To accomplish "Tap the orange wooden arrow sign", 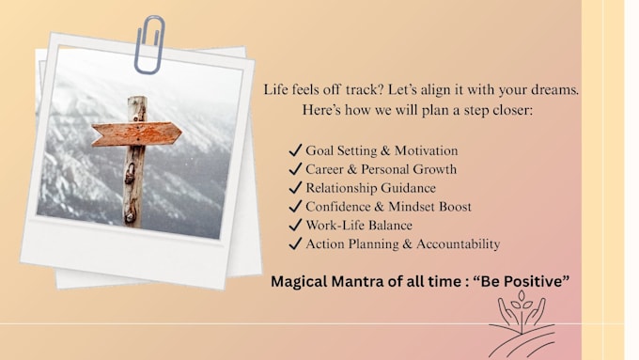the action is [x=136, y=134].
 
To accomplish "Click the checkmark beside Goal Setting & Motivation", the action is [x=295, y=150].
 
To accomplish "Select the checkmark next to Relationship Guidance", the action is [x=295, y=188].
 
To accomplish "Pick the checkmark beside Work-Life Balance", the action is [x=295, y=225].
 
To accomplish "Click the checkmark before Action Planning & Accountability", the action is [x=295, y=243].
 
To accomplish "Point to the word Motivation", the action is [x=426, y=150].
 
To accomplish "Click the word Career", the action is [x=324, y=169].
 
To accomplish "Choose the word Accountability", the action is [x=458, y=243].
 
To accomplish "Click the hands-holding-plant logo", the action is [x=522, y=324].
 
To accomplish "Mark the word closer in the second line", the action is [x=513, y=110].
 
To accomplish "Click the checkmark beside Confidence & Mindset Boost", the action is [x=295, y=206].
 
